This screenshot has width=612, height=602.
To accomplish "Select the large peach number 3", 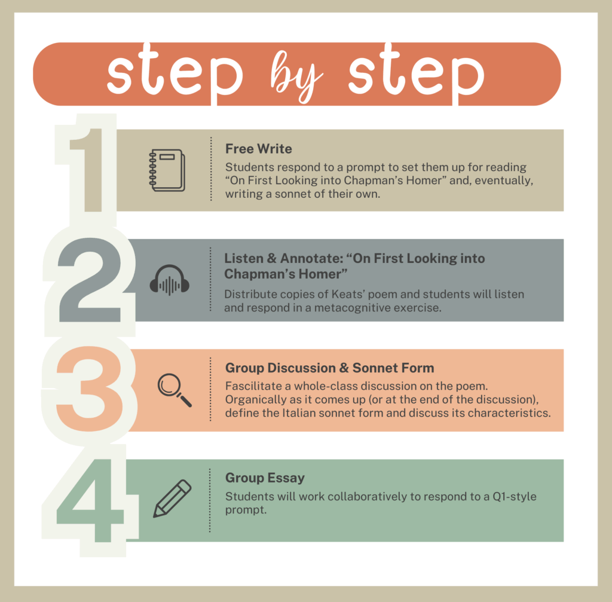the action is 90,389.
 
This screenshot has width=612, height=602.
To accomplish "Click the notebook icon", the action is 167,170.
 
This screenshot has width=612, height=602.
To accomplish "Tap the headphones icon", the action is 169,280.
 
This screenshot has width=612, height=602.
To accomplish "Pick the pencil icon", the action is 172,499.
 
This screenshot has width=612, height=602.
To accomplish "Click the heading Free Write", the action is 258,149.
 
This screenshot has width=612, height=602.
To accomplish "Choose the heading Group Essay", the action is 265,478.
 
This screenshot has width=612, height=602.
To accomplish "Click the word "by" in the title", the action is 296,77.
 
